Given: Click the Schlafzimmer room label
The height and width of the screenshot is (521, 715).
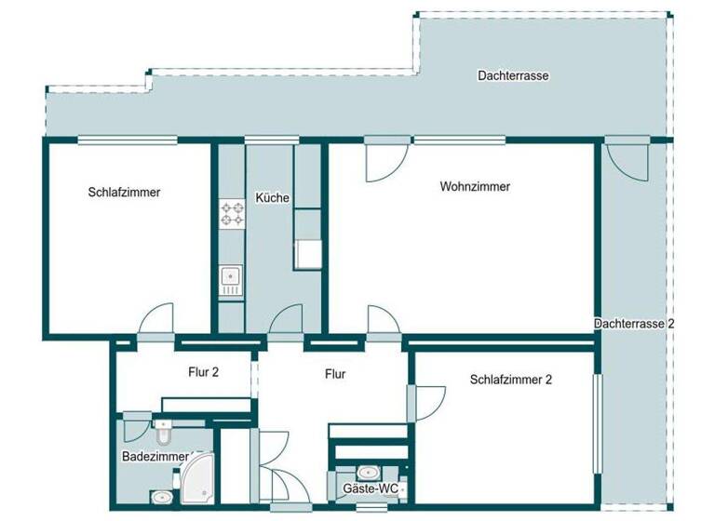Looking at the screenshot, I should (x=125, y=193).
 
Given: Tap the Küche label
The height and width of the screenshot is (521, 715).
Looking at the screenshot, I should (x=273, y=198).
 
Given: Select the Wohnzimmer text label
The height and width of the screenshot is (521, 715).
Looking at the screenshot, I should (x=475, y=186).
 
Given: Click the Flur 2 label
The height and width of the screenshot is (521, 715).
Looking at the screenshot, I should (x=203, y=373).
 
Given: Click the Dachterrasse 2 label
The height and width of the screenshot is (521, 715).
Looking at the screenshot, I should (x=634, y=323).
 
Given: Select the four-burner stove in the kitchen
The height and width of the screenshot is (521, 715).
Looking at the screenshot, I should (x=230, y=215).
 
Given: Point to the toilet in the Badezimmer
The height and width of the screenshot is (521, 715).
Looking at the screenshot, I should (x=163, y=433).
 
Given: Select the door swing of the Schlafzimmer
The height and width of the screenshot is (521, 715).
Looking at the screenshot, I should (x=155, y=321).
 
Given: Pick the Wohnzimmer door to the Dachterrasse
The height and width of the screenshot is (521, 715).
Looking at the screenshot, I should (x=383, y=161).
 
